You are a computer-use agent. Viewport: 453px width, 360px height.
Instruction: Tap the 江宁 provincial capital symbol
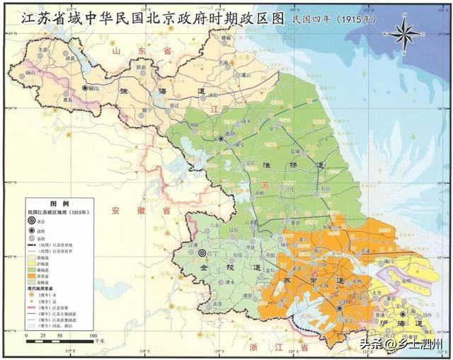point(202,252)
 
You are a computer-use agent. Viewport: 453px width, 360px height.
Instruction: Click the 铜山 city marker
point(86,88)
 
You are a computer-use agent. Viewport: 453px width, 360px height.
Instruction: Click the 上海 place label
point(411,312)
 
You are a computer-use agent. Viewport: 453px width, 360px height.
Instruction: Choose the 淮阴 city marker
point(222,139)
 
